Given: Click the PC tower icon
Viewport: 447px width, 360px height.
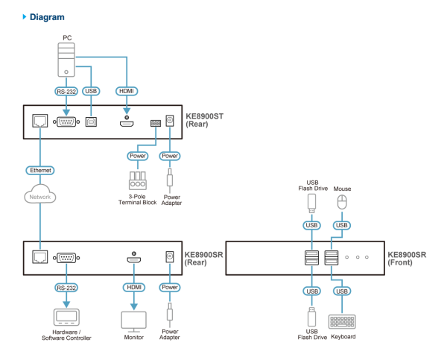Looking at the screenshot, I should (x=66, y=59).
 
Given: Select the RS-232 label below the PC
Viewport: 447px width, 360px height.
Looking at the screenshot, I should (x=66, y=91).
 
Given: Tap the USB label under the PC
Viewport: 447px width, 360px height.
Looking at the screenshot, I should (x=91, y=91).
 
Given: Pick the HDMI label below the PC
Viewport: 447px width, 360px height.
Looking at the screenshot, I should (x=127, y=91).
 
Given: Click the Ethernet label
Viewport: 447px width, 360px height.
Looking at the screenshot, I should (x=40, y=171).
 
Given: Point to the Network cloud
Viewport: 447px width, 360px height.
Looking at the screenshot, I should (x=40, y=197).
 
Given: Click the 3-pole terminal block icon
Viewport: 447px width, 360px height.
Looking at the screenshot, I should (x=137, y=180).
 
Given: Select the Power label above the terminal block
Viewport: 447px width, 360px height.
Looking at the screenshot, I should (x=138, y=157).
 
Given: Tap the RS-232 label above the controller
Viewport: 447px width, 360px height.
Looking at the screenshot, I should (x=66, y=287).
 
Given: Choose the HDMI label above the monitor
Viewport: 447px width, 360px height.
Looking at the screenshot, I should (x=133, y=287).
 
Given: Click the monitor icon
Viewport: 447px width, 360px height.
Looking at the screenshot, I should (x=133, y=320).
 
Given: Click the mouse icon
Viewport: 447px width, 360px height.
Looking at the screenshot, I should (x=342, y=203).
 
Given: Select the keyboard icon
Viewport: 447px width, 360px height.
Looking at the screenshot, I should (x=342, y=320).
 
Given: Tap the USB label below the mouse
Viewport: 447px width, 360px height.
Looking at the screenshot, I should (x=342, y=225).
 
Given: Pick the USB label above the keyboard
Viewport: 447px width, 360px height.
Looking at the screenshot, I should (x=342, y=291).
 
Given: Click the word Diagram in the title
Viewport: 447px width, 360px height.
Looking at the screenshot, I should (x=48, y=16).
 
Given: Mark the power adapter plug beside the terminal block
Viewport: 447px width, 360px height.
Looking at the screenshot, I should (x=170, y=180).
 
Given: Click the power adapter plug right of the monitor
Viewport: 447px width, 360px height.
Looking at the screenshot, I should (x=170, y=313).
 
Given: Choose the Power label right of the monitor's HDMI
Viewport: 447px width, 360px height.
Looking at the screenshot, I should (x=170, y=287).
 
